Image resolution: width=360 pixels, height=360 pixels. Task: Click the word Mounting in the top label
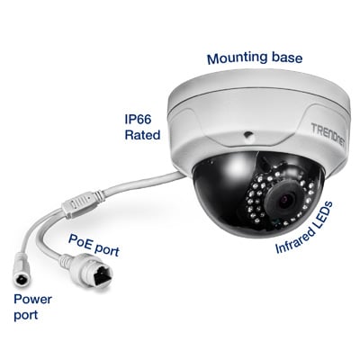(x=238, y=58)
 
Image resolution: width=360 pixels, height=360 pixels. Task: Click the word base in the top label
(x=287, y=58)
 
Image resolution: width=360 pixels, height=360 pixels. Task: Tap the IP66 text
(x=138, y=120)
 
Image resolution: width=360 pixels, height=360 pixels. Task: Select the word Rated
(x=142, y=135)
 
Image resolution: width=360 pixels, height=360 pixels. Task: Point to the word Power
(x=33, y=300)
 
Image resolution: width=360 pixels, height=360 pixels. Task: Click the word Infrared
(x=294, y=239)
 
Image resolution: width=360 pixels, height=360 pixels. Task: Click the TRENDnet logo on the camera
(x=328, y=135)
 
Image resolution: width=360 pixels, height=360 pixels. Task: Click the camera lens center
(x=285, y=200)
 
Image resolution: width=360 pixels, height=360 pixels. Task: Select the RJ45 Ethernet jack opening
(x=102, y=274)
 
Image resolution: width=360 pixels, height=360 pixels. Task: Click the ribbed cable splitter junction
(x=79, y=203)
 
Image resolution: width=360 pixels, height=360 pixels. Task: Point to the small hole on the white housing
(x=247, y=135)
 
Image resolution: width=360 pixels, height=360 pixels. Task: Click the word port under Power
(x=26, y=316)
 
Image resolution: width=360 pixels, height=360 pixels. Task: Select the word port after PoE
(x=107, y=249)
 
